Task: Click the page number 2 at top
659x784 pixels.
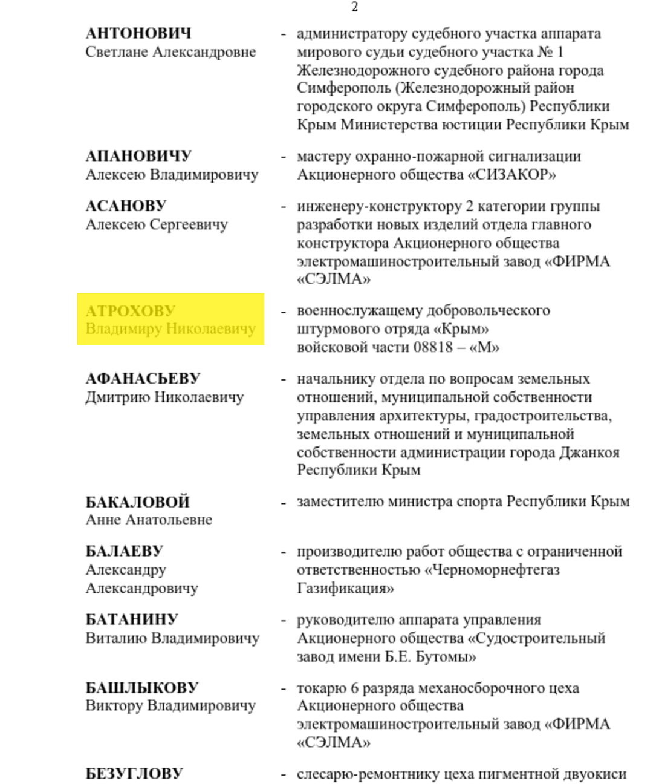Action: click(355, 7)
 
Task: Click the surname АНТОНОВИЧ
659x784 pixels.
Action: click(138, 33)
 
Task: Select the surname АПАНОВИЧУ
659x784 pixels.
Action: click(138, 156)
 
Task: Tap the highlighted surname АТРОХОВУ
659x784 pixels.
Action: click(131, 311)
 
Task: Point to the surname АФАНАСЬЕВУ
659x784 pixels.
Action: click(143, 379)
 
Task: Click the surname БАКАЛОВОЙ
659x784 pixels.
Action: click(138, 502)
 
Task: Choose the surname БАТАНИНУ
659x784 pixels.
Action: click(132, 619)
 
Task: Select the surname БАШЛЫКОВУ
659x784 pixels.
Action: click(142, 688)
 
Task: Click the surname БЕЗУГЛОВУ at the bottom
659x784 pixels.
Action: click(134, 774)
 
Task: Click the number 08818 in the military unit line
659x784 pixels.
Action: click(433, 347)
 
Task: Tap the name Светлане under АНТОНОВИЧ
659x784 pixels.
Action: click(117, 52)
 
